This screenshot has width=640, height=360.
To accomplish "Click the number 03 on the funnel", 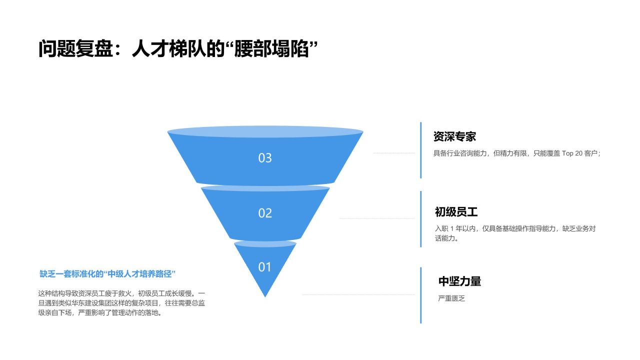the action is click(x=265, y=158).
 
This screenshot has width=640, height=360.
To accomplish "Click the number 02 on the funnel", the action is click(x=265, y=213).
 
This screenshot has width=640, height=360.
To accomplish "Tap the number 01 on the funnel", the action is click(x=264, y=267).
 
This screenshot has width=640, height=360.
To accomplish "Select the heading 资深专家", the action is click(x=454, y=136).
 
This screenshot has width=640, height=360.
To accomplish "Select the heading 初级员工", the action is click(x=456, y=212).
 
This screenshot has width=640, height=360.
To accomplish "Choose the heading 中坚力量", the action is click(x=459, y=281).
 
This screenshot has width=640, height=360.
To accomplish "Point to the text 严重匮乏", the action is click(x=451, y=298).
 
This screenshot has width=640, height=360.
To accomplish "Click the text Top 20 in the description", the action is click(x=572, y=153).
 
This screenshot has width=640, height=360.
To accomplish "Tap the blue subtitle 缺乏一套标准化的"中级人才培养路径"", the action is click(x=107, y=274).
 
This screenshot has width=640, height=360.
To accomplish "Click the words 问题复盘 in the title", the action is click(x=76, y=48).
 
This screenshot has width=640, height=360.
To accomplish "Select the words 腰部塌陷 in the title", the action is click(x=271, y=48).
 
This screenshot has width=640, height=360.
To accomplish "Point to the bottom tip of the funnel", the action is click(x=265, y=297).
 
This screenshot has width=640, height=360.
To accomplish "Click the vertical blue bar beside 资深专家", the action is click(x=421, y=150).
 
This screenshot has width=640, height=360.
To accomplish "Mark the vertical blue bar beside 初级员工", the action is click(x=421, y=219).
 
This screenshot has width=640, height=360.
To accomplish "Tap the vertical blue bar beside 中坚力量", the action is click(x=421, y=295).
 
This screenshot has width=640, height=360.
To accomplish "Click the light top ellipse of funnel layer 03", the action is click(x=265, y=131).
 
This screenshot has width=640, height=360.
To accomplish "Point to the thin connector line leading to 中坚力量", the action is click(x=358, y=294).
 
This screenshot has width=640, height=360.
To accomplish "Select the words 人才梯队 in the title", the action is click(x=169, y=48).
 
